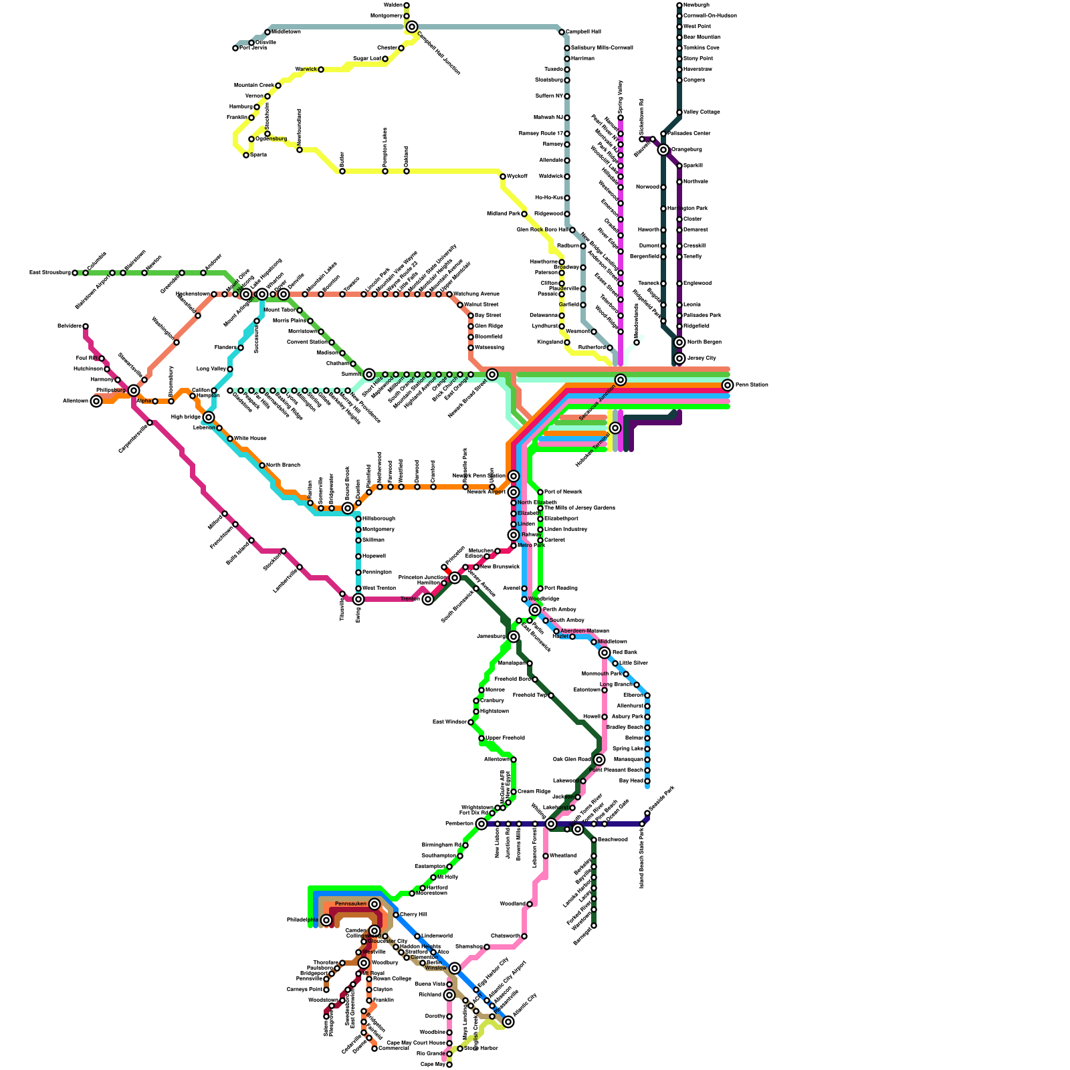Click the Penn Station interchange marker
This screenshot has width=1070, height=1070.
728,385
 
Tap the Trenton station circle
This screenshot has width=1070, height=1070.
428,599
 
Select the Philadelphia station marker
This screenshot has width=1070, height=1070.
326,920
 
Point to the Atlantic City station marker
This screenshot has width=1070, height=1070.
508,1022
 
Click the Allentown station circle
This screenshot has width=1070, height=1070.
96,401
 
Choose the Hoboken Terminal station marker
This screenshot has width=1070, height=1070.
615,428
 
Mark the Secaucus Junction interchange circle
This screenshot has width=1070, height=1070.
621,380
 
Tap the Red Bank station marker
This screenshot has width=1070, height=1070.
605,653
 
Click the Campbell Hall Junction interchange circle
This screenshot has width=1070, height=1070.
412,27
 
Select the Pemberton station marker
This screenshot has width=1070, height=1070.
481,824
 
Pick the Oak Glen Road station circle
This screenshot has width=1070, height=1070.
599,760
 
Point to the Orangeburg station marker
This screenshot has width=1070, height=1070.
663,150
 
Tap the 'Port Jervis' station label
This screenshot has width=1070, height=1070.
253,48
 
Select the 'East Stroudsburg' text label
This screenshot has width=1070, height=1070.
50,273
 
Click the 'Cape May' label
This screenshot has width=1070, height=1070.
433,1065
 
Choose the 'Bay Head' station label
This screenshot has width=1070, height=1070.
631,781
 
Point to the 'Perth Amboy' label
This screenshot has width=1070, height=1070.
560,610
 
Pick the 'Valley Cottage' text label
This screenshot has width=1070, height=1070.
702,112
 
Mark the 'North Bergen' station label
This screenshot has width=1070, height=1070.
704,342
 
